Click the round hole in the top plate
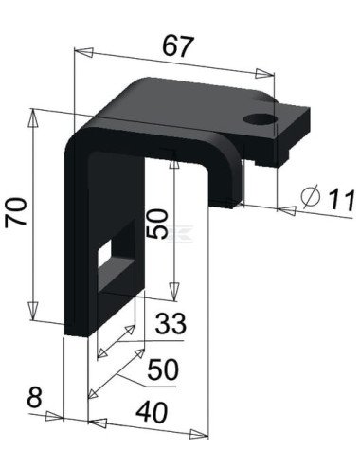click(x=257, y=119)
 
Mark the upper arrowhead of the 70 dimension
click(x=35, y=116)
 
